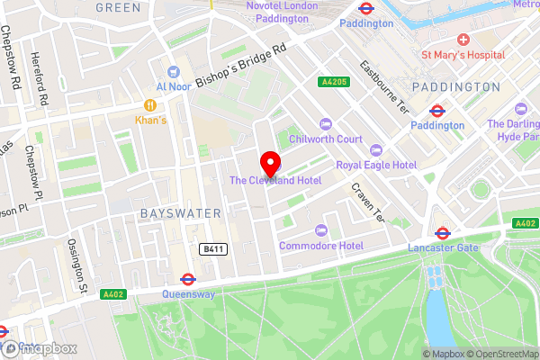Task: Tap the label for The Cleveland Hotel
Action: click(x=274, y=181)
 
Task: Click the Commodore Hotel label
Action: click(x=320, y=246)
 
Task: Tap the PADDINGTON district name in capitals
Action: click(x=455, y=87)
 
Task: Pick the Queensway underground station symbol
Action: click(x=188, y=279)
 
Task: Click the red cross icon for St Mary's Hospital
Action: click(x=463, y=40)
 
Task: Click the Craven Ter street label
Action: click(x=366, y=203)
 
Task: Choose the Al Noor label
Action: click(x=174, y=86)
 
